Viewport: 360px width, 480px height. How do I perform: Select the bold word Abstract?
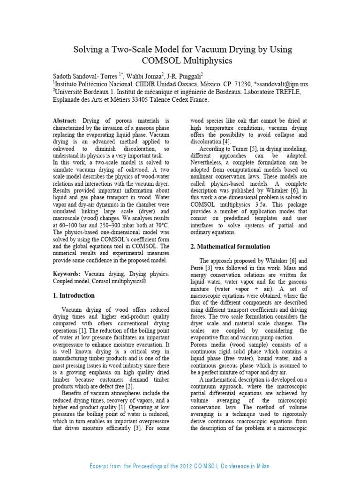65,120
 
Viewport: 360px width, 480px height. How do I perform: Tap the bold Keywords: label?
67,273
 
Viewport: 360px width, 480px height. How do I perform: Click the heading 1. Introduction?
74,295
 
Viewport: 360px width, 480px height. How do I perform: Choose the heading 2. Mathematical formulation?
230,247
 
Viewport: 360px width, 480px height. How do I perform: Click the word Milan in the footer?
260,466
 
